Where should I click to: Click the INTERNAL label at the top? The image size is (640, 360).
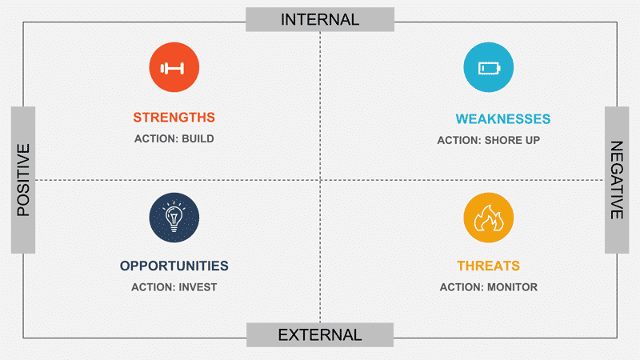coord(320,19)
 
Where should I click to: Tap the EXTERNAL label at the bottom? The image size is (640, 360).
coord(320,335)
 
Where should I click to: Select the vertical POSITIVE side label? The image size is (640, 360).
coord(23,179)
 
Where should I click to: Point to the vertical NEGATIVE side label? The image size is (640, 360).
coord(616,180)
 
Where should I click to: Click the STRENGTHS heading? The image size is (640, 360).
coord(174,118)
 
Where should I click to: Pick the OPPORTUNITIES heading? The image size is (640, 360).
coord(174,266)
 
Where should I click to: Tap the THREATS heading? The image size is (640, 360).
coord(488,266)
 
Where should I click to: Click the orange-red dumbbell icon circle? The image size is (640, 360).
coord(174,67)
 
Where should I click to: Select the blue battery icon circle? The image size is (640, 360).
coord(488,67)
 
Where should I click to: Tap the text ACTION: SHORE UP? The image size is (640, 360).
coord(488,141)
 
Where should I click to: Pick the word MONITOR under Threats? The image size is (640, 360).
coord(512,286)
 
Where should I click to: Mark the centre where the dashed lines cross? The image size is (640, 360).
coord(320,180)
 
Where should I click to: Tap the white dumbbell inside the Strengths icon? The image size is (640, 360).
coord(174,68)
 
